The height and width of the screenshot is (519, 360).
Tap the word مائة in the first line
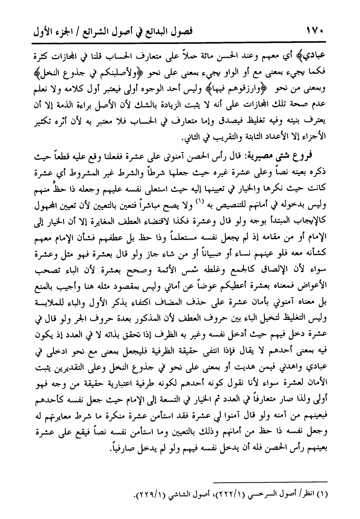(206, 55)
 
